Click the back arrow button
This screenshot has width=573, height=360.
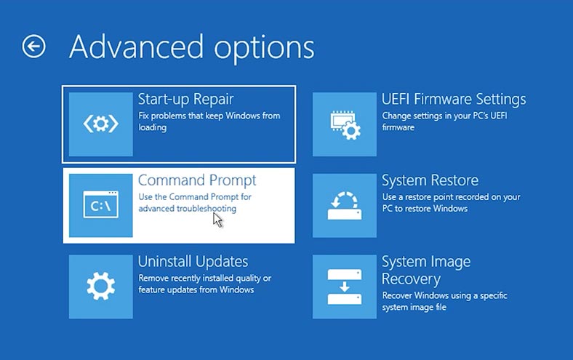click(33, 47)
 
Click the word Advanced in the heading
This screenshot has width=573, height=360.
click(136, 47)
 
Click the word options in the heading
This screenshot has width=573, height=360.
click(264, 49)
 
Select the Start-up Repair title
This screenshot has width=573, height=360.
click(185, 100)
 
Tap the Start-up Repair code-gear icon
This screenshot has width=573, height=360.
click(100, 124)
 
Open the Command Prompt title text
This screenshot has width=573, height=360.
click(197, 180)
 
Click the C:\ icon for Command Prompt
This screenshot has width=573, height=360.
click(101, 204)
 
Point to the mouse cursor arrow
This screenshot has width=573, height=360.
click(217, 220)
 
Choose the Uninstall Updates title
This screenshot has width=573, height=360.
click(193, 262)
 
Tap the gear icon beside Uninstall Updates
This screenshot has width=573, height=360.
click(101, 286)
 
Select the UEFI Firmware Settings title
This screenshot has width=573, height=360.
click(454, 100)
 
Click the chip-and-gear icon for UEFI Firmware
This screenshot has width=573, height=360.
click(345, 124)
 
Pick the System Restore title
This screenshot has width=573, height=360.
click(430, 180)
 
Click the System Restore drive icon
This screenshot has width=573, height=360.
click(345, 206)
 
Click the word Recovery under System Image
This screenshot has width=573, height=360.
click(411, 279)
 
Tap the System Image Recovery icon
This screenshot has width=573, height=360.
click(345, 287)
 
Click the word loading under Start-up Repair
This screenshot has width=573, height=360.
click(153, 127)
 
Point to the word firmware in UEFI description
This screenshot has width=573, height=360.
click(398, 127)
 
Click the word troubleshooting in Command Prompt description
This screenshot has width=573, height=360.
click(207, 209)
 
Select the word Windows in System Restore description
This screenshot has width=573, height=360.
click(450, 209)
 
